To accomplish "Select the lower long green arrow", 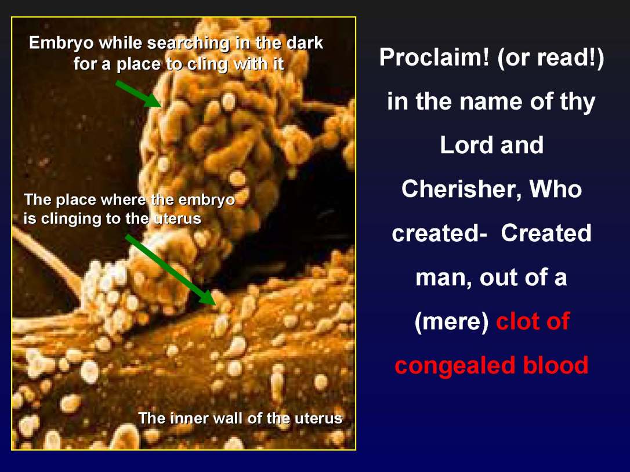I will [x=171, y=269].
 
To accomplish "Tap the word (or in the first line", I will [x=510, y=58].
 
